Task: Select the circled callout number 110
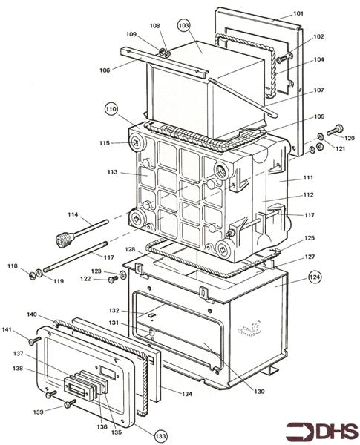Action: pos(111,108)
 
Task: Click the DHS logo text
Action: pos(322,432)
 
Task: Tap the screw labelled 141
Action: pos(33,340)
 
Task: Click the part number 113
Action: pos(112,172)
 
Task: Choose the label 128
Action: pos(131,249)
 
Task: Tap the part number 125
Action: pos(310,238)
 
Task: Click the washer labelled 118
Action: pos(33,277)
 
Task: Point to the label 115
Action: pos(105,143)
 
